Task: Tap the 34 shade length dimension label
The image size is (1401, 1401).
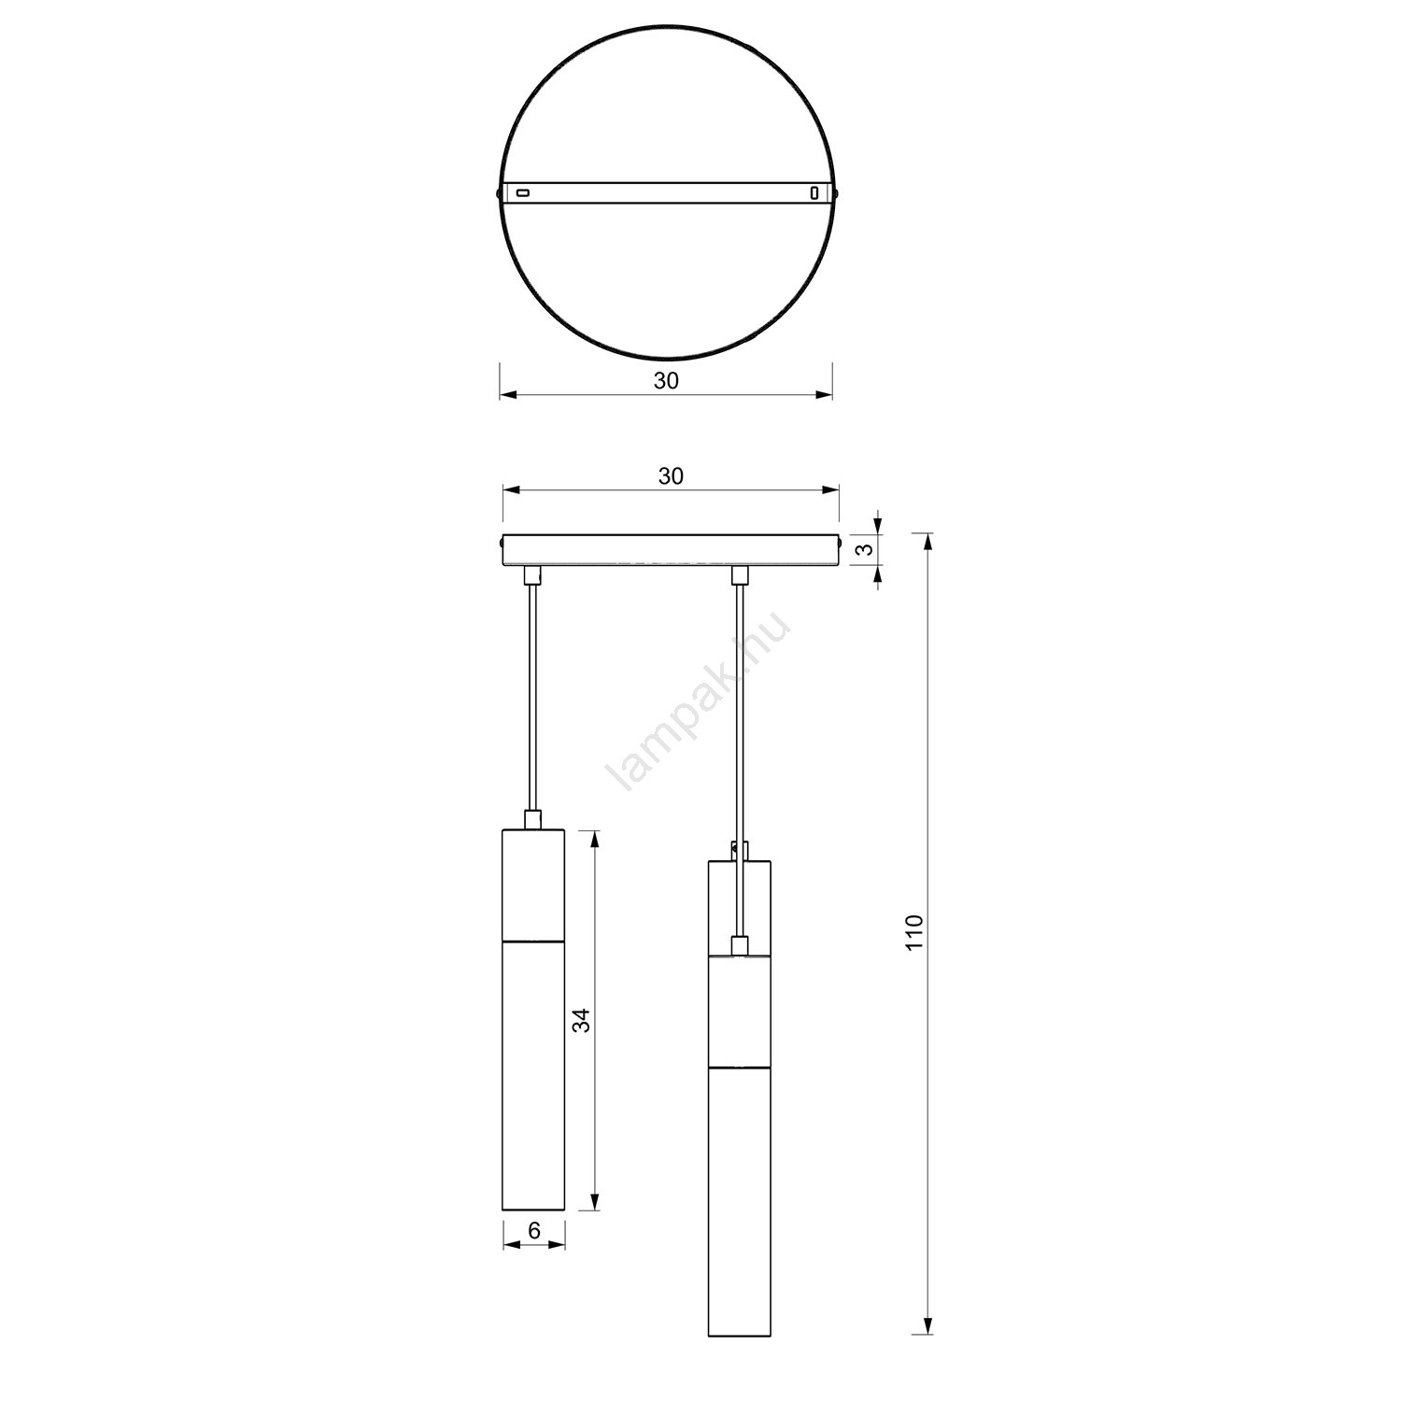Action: click(582, 1021)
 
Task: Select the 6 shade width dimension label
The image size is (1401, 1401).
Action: click(534, 1231)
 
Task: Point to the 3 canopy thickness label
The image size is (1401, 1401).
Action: click(868, 549)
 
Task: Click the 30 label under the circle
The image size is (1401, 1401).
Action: click(666, 381)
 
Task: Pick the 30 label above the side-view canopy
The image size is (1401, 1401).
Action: click(671, 476)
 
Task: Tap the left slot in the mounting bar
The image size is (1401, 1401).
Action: click(523, 193)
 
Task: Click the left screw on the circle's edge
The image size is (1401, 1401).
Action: click(497, 193)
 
